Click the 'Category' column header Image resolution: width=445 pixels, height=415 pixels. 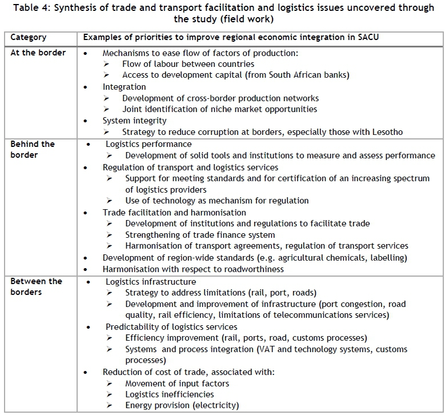29,37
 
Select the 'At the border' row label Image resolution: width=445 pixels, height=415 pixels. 38,53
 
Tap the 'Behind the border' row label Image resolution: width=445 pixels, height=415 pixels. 32,150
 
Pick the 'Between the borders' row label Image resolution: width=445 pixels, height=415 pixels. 36,287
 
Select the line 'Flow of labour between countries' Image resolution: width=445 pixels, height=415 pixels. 188,64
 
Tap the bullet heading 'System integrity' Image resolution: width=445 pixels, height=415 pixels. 135,121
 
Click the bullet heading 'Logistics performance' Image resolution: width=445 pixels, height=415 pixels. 149,144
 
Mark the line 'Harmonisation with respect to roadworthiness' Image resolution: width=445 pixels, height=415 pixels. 193,269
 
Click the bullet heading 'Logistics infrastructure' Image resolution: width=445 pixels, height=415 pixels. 151,281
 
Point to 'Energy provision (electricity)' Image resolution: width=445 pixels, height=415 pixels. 182,405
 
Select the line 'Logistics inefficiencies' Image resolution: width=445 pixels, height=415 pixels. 170,394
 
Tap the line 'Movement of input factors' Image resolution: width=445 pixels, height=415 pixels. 177,383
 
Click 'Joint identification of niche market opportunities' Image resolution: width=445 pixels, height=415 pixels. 219,109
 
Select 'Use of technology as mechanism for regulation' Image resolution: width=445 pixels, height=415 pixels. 217,201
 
